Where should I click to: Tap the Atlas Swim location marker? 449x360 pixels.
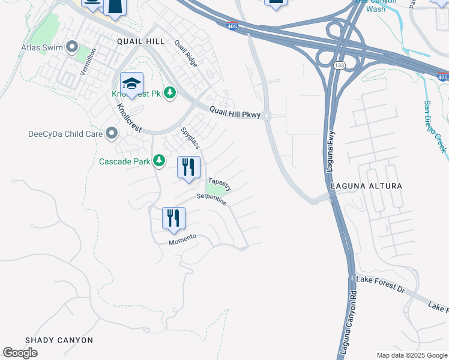click(x=73, y=46)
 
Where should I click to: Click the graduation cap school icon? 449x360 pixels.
click(x=131, y=83)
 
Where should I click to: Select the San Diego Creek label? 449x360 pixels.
click(x=435, y=127)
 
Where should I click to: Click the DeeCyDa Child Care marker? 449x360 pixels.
click(x=111, y=133)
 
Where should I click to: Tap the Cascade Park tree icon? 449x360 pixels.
click(x=159, y=160)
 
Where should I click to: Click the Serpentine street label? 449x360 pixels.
click(x=211, y=200)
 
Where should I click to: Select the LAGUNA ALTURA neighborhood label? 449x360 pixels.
click(x=366, y=187)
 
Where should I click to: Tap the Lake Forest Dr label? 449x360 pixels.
click(x=380, y=284)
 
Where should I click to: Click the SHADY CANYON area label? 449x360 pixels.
click(x=59, y=340)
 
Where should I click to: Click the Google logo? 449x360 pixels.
click(x=20, y=353)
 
